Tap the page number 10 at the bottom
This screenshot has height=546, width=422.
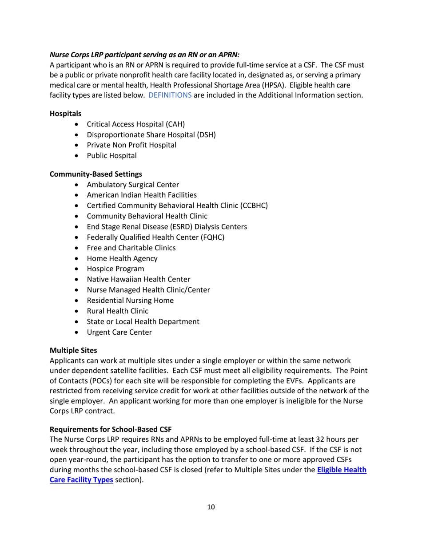coord(211,519)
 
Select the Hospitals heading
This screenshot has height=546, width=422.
coord(65,114)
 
